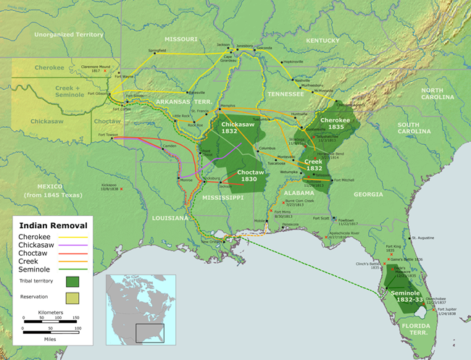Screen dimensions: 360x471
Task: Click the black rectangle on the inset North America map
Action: click(151, 333)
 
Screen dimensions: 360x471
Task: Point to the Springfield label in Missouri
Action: click(157, 51)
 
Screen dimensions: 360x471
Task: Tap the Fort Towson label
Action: click(108, 134)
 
